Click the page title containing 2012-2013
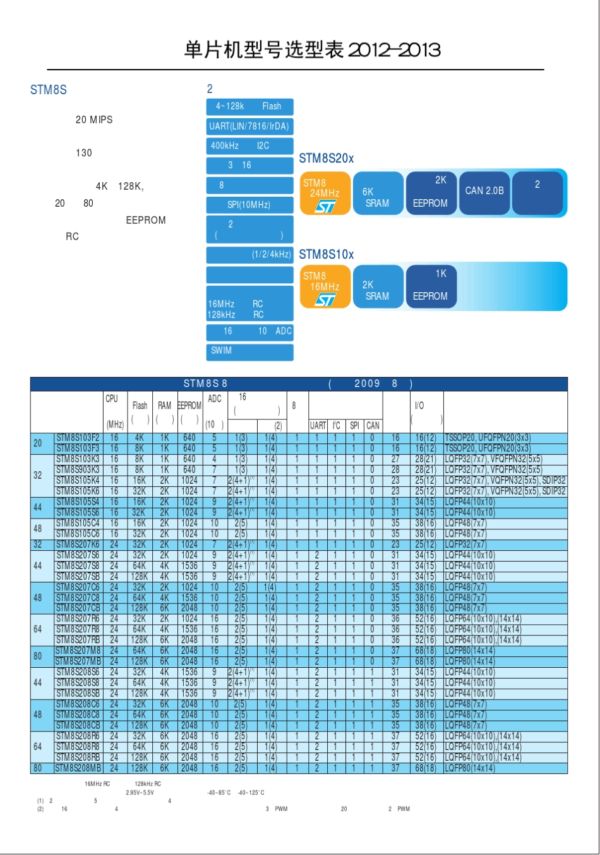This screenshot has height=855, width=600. (312, 50)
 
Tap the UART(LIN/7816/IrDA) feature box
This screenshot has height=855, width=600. (249, 126)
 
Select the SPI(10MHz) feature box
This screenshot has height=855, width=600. (249, 205)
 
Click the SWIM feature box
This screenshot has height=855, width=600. (249, 351)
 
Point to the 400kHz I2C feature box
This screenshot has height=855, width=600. (249, 146)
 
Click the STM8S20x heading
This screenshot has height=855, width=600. (326, 159)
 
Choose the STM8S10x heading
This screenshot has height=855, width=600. (326, 254)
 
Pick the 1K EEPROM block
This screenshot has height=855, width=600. (431, 286)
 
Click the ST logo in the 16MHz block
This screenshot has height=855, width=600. (325, 299)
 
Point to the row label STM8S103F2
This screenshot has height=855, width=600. (78, 438)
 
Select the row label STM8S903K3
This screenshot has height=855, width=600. (78, 470)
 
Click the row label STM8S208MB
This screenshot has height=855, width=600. (78, 768)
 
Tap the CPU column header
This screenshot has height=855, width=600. (112, 399)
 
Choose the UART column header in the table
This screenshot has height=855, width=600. (318, 426)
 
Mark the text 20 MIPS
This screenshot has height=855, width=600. (94, 120)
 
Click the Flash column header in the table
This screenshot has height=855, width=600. (140, 405)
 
